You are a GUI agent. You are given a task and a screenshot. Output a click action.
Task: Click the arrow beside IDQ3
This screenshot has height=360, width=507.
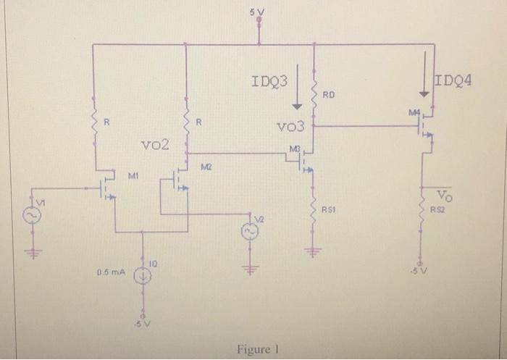click(x=296, y=88)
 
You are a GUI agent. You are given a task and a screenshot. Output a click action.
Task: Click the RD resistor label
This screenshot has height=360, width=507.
click(x=329, y=95)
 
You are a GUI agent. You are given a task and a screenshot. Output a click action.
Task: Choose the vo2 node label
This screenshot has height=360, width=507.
click(x=154, y=144)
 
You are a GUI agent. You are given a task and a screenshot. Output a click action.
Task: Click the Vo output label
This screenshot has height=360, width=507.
click(x=444, y=195)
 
